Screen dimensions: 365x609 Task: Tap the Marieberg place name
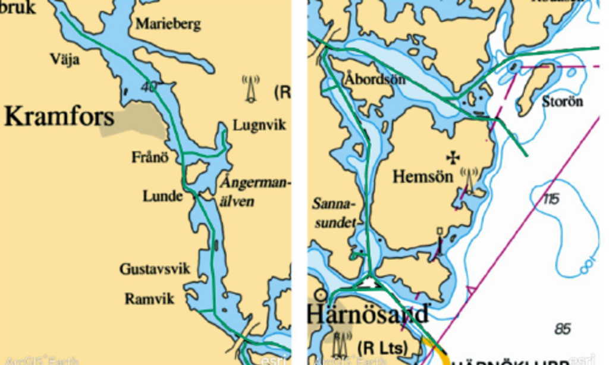click(168, 24)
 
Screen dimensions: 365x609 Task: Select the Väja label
click(65, 59)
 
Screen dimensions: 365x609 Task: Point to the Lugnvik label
click(259, 125)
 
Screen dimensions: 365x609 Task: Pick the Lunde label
click(162, 196)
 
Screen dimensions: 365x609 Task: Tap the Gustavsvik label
click(155, 269)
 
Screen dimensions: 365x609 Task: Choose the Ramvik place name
click(149, 298)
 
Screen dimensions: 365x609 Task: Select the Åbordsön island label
click(375, 79)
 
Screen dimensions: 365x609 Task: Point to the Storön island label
click(562, 101)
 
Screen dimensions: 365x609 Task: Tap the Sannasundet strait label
click(334, 213)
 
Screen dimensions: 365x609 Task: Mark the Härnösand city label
click(368, 313)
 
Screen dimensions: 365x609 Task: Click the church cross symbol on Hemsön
click(453, 158)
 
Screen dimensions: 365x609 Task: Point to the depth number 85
click(562, 328)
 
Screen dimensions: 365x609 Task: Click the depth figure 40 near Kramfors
click(149, 87)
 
